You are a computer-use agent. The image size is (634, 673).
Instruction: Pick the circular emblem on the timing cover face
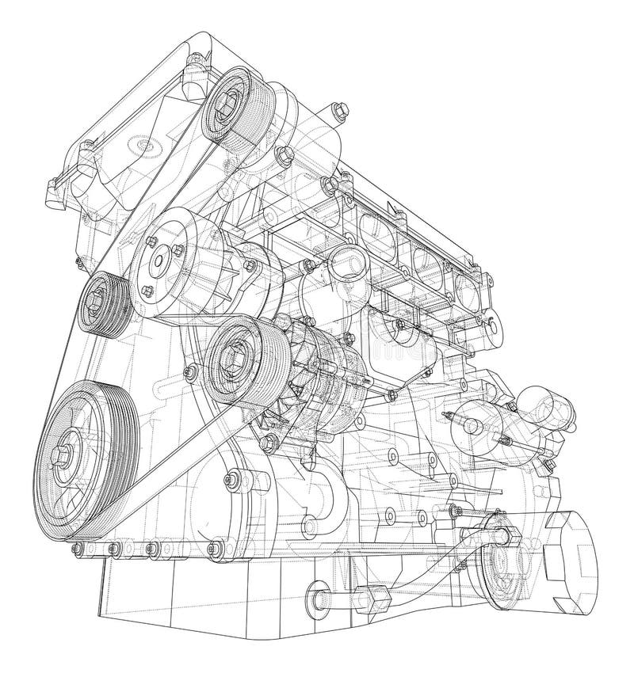[140, 146]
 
